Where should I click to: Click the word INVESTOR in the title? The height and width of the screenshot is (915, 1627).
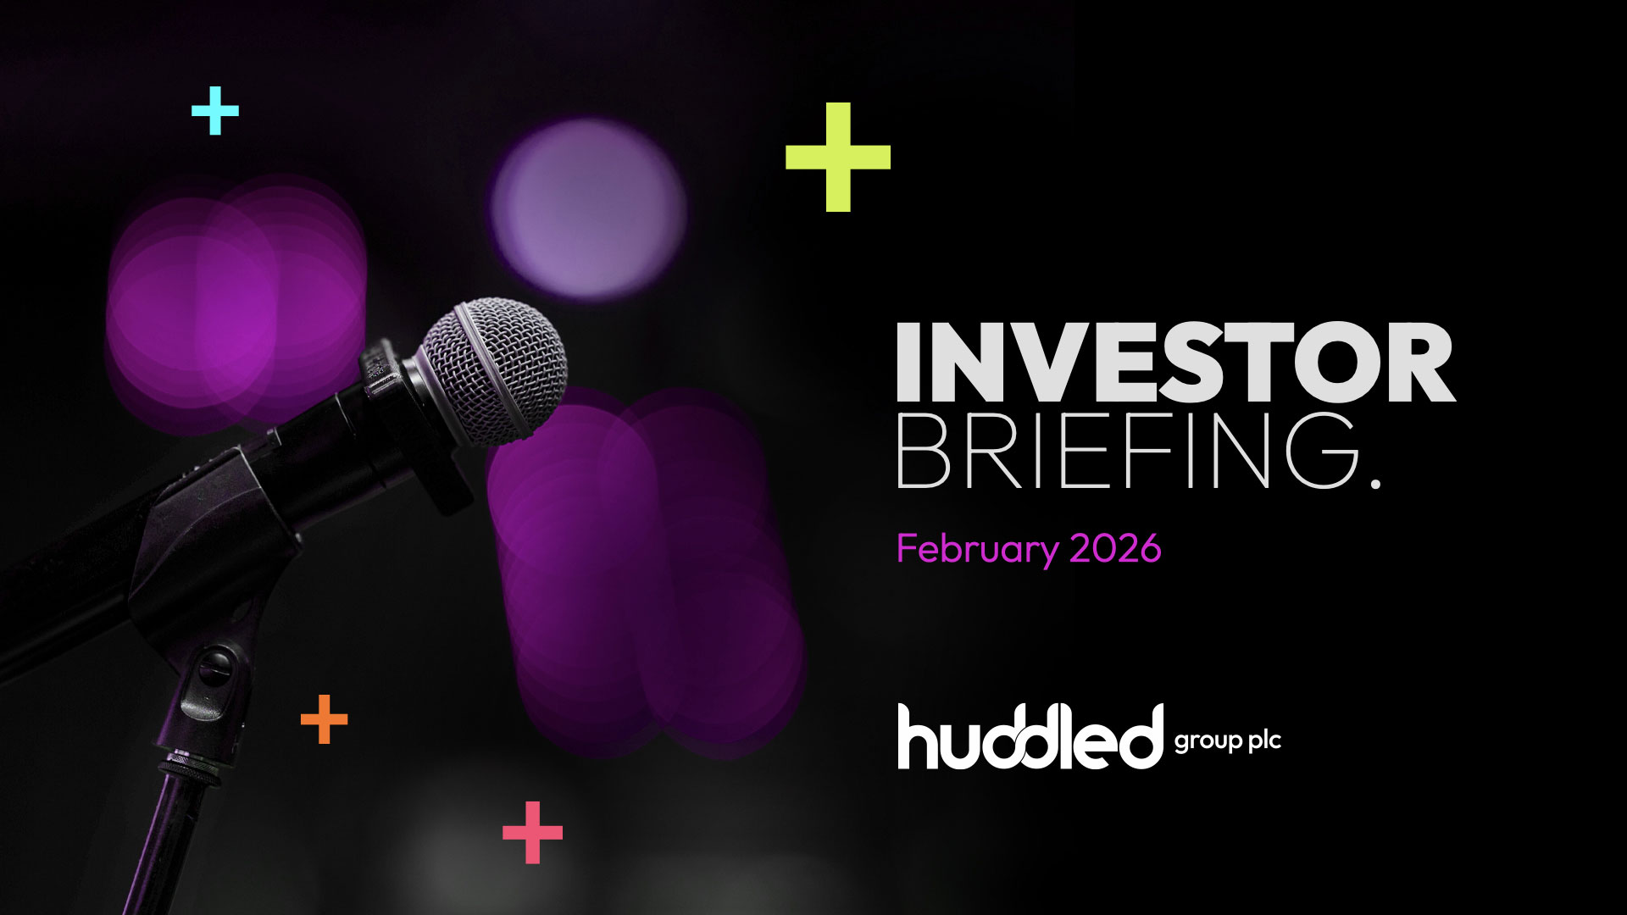1175,363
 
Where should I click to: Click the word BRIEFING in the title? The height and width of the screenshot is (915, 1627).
1127,451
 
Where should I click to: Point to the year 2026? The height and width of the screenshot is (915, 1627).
1115,550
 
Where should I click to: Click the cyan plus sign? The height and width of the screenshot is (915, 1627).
215,110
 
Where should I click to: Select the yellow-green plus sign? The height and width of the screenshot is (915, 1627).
838,157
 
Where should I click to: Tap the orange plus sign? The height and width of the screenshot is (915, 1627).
325,719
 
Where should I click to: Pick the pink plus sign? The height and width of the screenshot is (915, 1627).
532,833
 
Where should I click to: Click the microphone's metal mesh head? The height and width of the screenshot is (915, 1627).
495,371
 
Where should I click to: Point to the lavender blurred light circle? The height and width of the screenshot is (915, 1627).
588,208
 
